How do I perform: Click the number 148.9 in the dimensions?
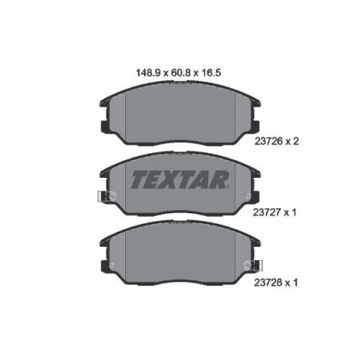pos(148,73)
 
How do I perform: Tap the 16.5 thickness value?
pos(210,73)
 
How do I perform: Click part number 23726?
pos(269,141)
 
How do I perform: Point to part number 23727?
pos(267,212)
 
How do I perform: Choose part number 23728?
pos(268,283)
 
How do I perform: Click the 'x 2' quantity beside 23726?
pos(292,141)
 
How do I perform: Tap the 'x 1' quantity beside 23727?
pos(290,212)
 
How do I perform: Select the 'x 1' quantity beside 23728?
pos(291,283)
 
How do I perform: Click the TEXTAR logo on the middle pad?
pos(180,179)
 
